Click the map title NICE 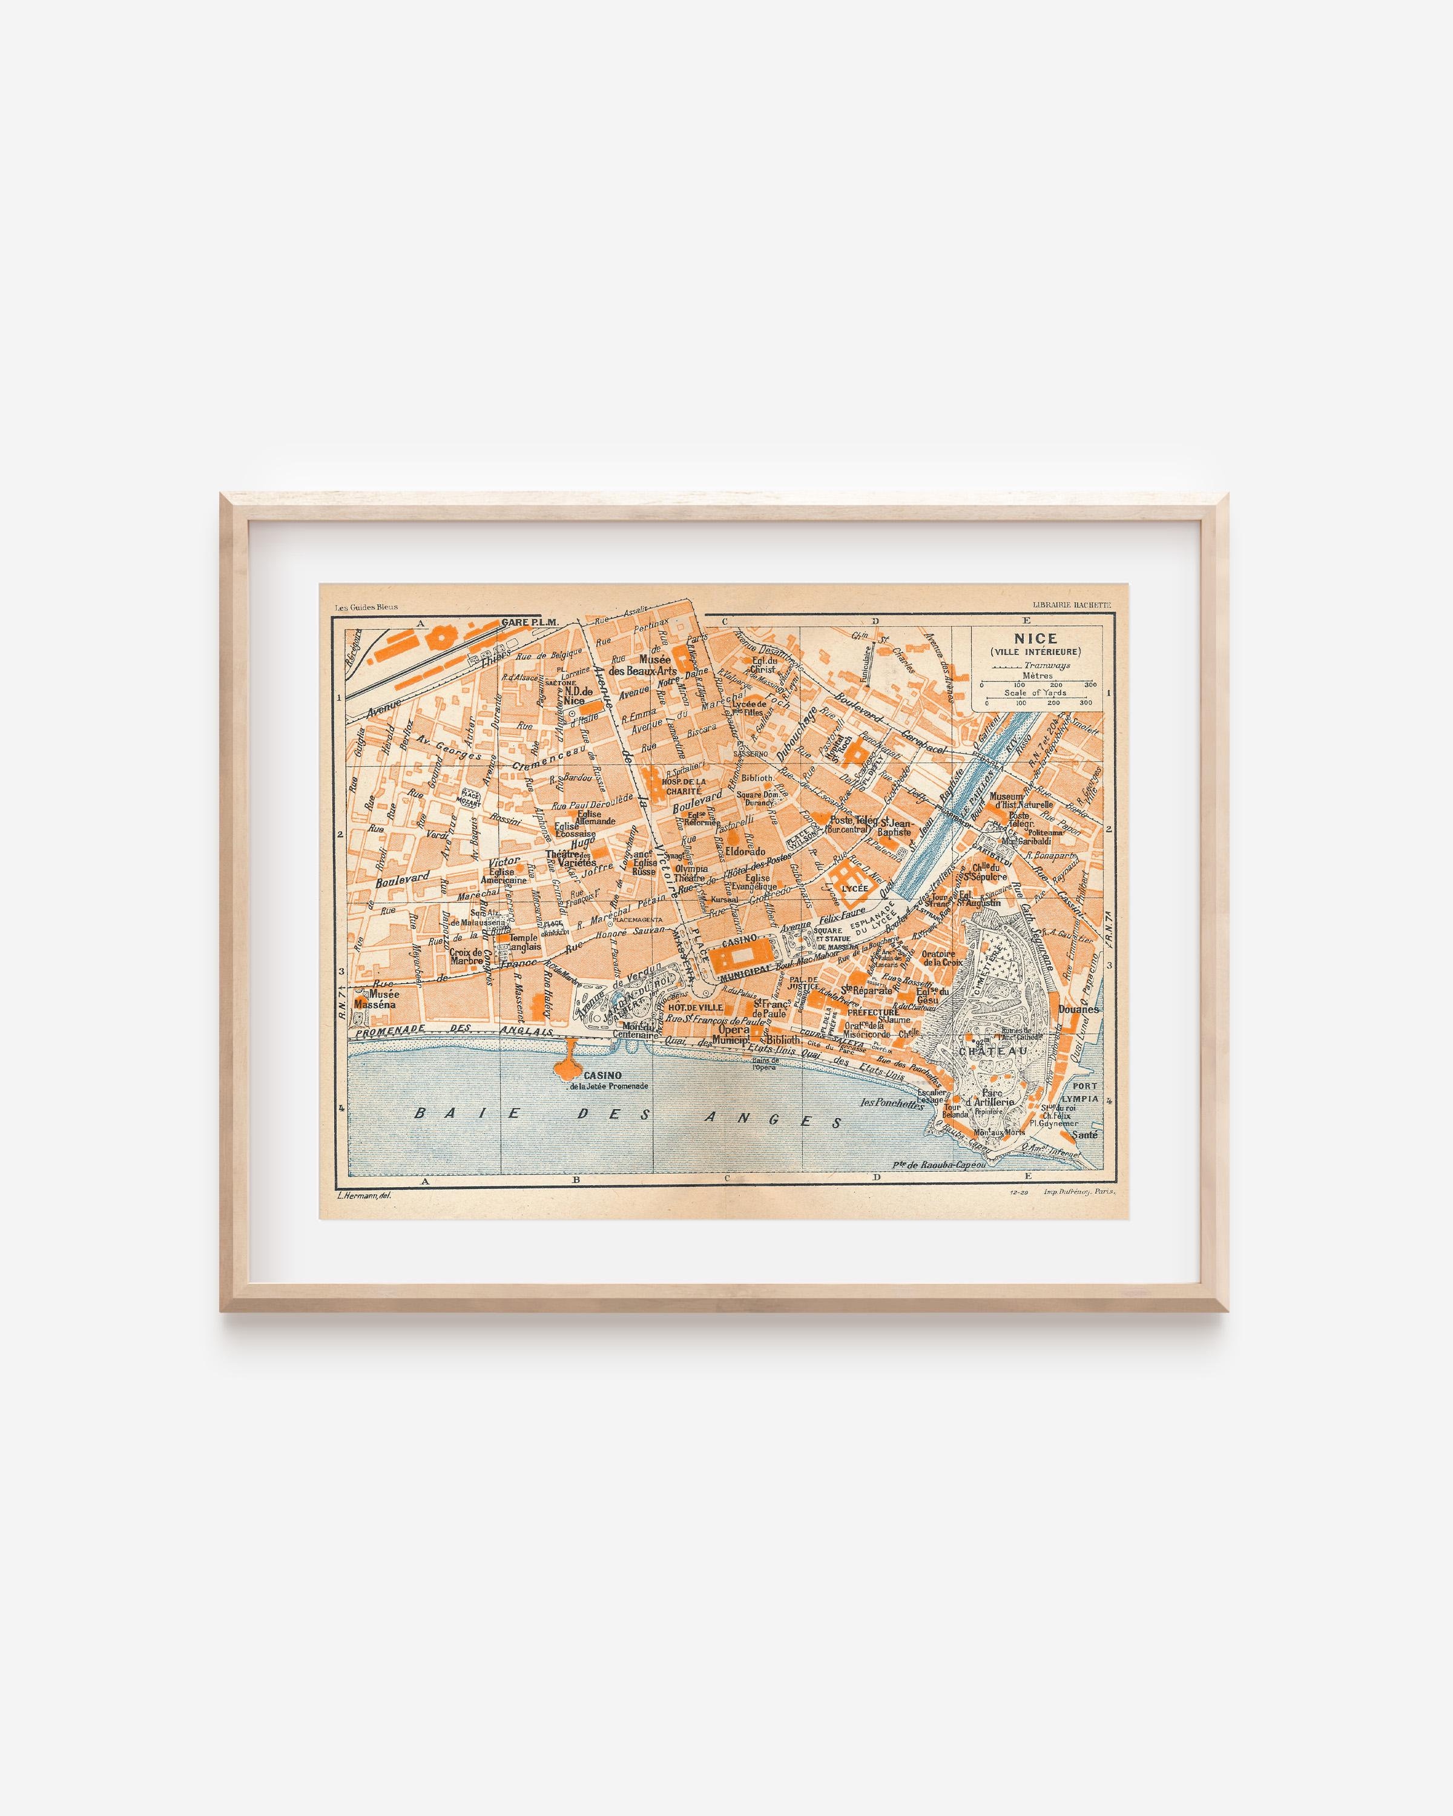pos(1041,639)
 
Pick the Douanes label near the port pos(1078,1008)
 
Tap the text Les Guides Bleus pos(366,607)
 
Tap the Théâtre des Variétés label pos(570,858)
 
